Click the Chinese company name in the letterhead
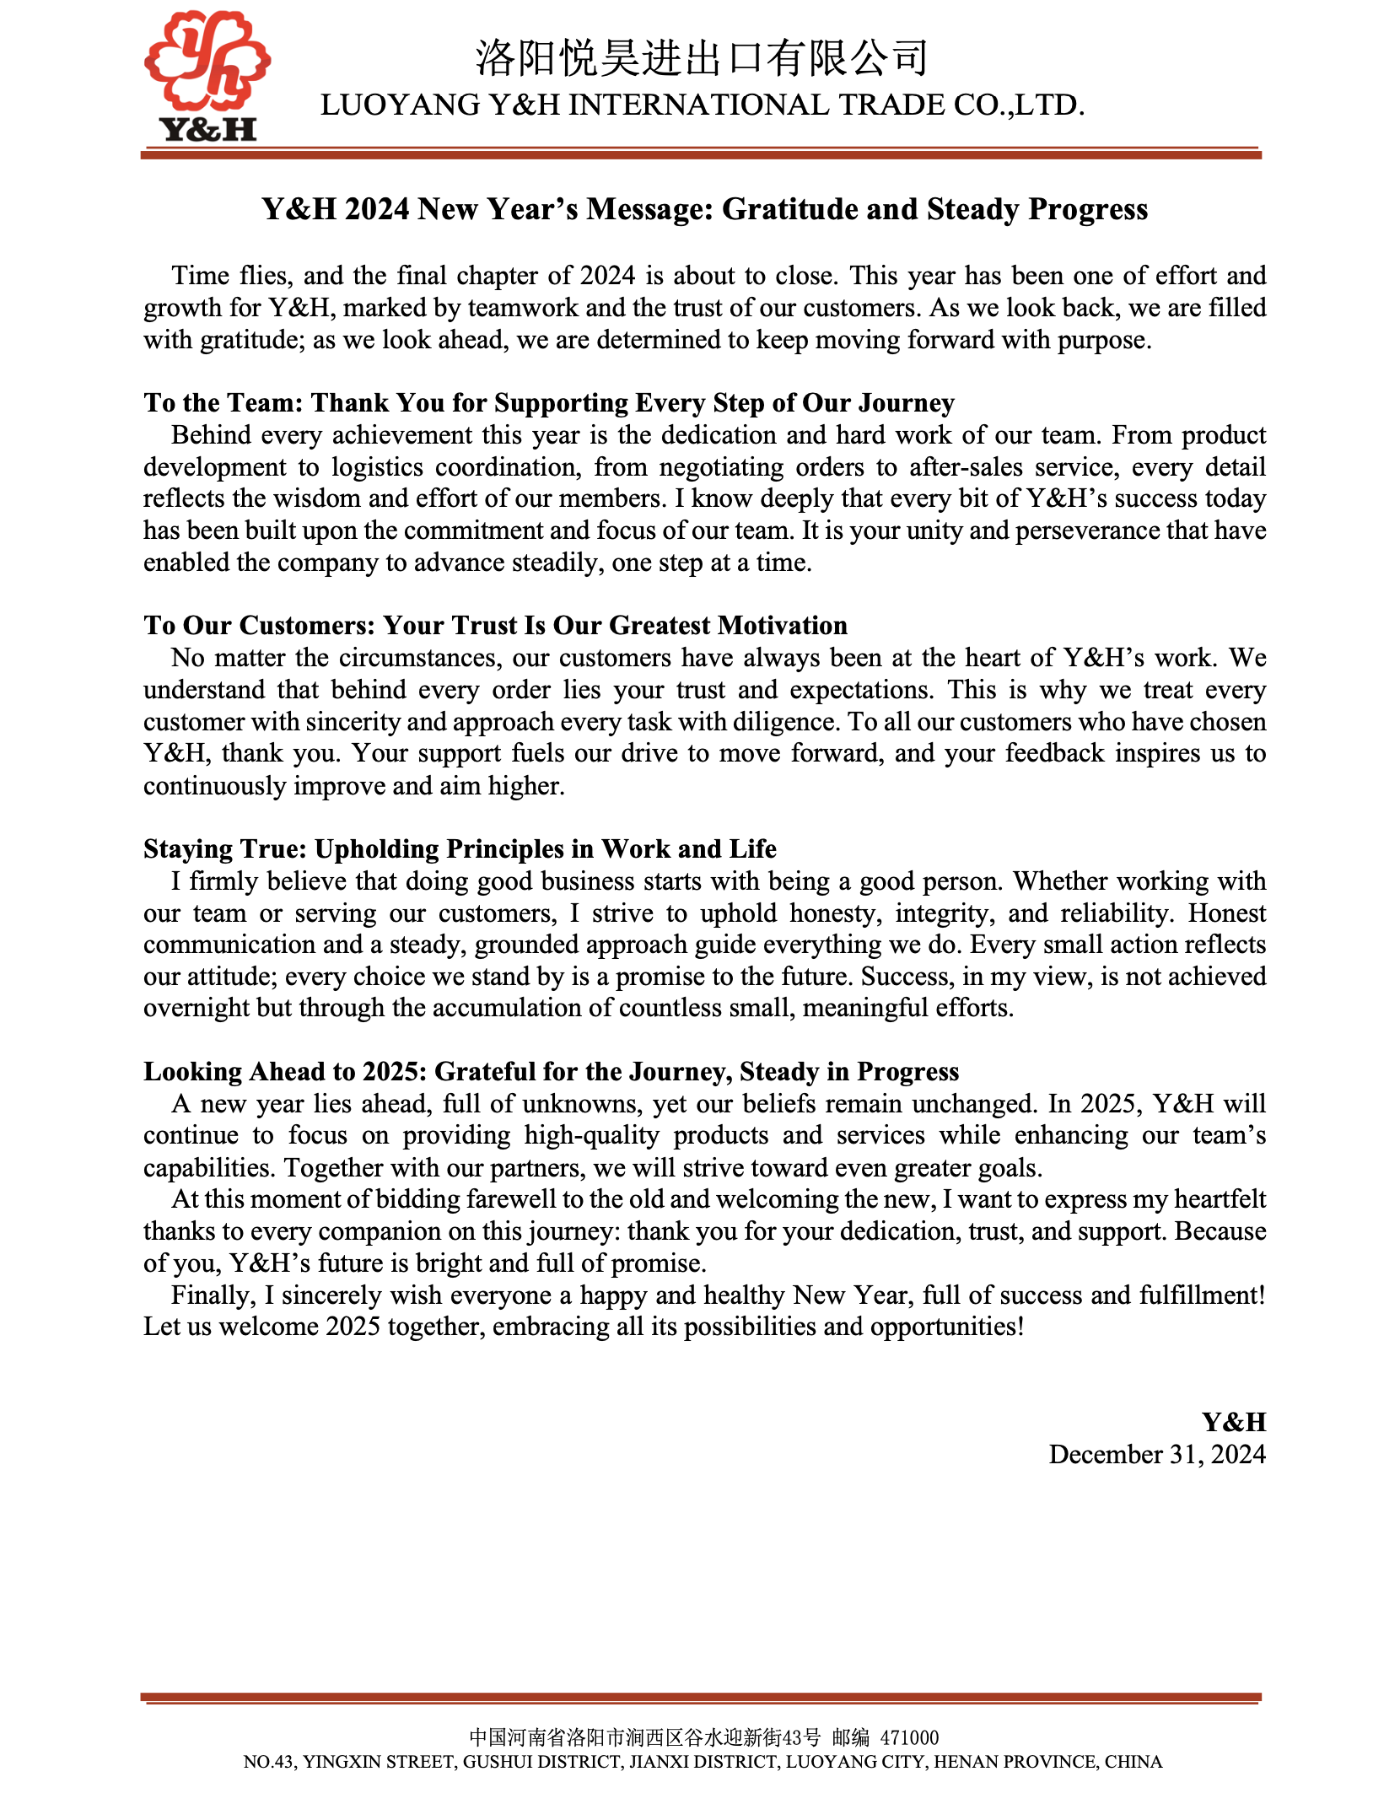click(x=702, y=57)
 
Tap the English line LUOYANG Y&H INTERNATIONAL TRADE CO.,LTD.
click(x=702, y=105)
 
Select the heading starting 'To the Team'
click(x=548, y=403)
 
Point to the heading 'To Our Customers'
click(x=495, y=626)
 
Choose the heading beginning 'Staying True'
click(x=460, y=849)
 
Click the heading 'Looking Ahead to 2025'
click(x=551, y=1072)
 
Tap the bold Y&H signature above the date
click(x=1234, y=1423)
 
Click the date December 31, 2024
click(x=1157, y=1455)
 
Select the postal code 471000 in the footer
click(x=909, y=1737)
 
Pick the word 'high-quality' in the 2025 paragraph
click(x=591, y=1136)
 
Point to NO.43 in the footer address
click(x=269, y=1762)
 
